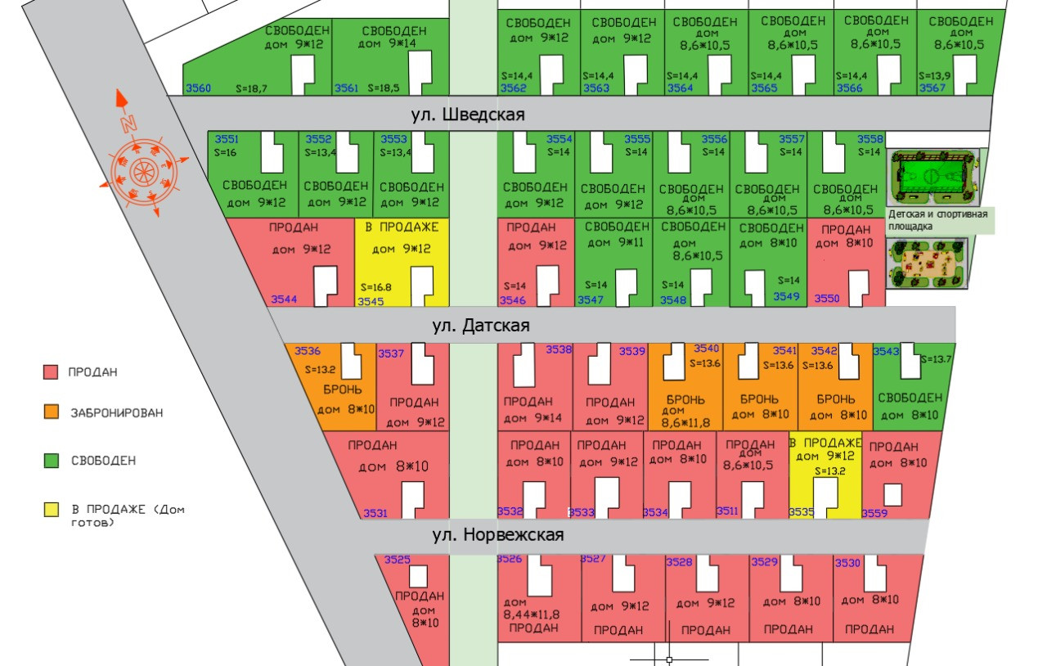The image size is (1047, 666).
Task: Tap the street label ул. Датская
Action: (481, 326)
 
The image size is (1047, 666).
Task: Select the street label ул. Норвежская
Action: (498, 535)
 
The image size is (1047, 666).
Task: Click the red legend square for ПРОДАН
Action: (51, 372)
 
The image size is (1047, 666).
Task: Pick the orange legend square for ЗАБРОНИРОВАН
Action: (51, 412)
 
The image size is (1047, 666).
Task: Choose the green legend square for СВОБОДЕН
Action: (51, 461)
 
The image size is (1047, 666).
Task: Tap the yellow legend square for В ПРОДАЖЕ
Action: (51, 509)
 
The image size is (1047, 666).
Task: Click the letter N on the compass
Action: (127, 124)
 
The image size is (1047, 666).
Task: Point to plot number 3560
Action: (199, 88)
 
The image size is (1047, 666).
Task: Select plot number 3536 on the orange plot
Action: (308, 350)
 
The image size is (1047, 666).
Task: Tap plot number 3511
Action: (727, 511)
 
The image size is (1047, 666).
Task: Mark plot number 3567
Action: (932, 88)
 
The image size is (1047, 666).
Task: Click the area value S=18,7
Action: (251, 87)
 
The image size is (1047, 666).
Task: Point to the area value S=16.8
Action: (376, 288)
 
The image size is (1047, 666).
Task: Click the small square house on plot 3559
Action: (893, 494)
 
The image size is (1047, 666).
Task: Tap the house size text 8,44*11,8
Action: (532, 614)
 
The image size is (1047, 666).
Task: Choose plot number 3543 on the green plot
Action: (887, 351)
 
